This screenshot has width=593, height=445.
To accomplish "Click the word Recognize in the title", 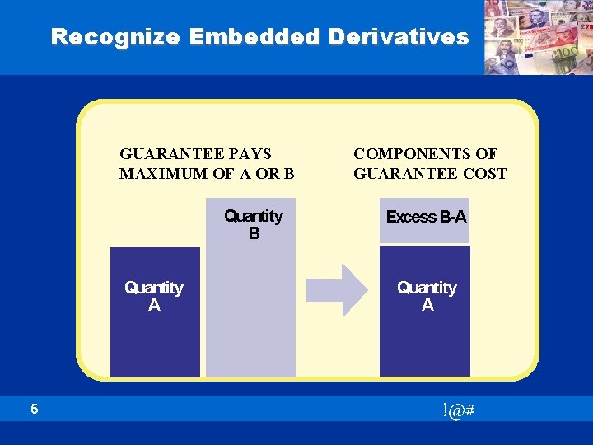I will pos(116,37).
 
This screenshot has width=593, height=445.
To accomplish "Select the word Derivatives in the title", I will pos(399,37).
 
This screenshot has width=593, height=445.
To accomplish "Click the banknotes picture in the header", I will pos(537,37).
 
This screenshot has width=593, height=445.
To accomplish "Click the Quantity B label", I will pos(253,224).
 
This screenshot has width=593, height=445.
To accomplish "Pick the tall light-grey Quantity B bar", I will pos(250,313).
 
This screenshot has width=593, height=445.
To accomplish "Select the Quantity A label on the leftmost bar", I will pos(154,296).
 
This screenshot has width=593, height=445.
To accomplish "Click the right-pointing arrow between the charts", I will pos(339,290).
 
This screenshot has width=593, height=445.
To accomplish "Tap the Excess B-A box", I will pos(425,218).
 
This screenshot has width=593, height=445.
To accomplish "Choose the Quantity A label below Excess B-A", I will pos(427,296).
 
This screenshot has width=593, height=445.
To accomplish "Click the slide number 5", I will pos(34,409).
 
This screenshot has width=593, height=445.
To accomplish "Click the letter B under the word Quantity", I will pos(254,234).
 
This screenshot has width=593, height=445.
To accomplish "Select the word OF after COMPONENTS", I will pos(487,153).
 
